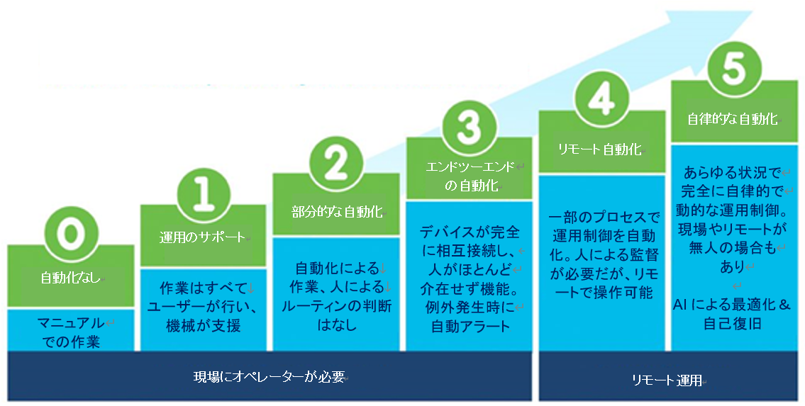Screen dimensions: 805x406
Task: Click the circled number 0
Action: click(70, 235)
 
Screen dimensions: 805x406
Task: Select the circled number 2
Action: click(336, 162)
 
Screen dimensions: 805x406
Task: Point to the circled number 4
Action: click(601, 100)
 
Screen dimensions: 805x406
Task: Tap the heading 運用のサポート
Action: click(202, 237)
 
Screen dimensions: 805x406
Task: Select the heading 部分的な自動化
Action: click(338, 212)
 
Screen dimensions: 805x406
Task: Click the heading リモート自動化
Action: click(600, 149)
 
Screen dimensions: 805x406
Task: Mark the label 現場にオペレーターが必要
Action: click(269, 377)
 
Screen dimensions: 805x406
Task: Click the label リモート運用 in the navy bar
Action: click(667, 380)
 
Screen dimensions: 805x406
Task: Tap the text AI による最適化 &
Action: click(731, 305)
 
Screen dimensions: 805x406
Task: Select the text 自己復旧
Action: click(732, 324)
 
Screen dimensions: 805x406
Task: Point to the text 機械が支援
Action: click(204, 325)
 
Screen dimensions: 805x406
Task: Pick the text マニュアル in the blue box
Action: click(71, 324)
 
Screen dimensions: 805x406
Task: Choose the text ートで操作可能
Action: click(601, 292)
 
